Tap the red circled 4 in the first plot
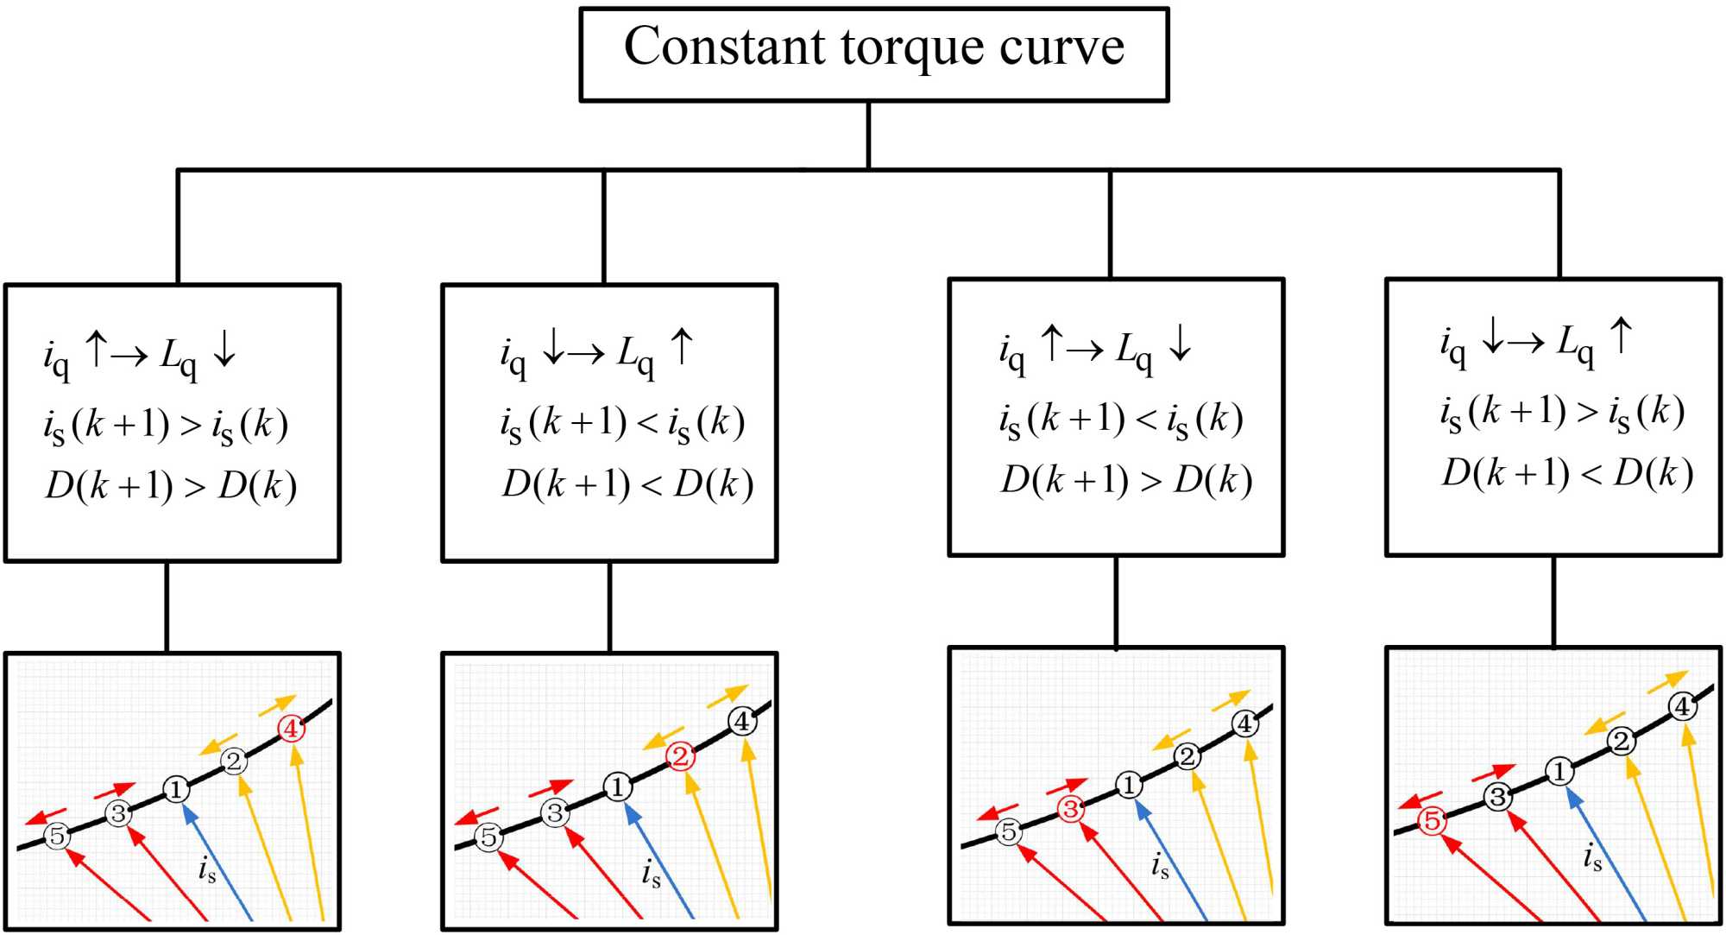pyautogui.click(x=291, y=729)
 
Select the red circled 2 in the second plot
pyautogui.click(x=680, y=757)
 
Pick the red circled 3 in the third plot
pyautogui.click(x=1071, y=809)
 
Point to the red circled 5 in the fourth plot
pyautogui.click(x=1432, y=820)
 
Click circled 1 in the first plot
pyautogui.click(x=176, y=789)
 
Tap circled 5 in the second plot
pyautogui.click(x=489, y=837)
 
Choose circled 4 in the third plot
pyautogui.click(x=1244, y=723)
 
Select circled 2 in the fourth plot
pyautogui.click(x=1621, y=741)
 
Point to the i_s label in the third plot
pyautogui.click(x=1160, y=864)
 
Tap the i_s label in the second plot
pyautogui.click(x=651, y=873)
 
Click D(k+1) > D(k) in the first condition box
pyautogui.click(x=171, y=486)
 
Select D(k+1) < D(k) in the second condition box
pyautogui.click(x=627, y=484)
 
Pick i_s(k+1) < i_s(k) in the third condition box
pyautogui.click(x=1121, y=420)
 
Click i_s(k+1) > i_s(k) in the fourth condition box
pyautogui.click(x=1562, y=412)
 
